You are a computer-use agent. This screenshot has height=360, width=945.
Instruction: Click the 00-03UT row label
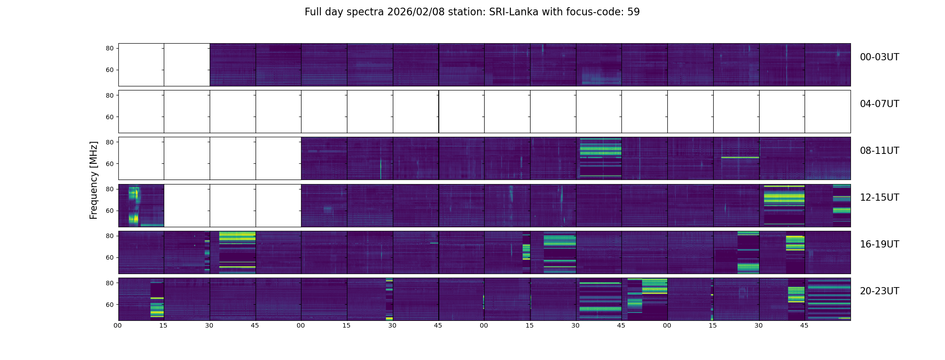(x=879, y=57)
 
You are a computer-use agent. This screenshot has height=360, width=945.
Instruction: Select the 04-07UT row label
(x=879, y=104)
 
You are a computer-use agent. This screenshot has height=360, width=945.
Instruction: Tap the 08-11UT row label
(x=879, y=151)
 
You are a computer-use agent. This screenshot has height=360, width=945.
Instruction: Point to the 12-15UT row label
(x=879, y=198)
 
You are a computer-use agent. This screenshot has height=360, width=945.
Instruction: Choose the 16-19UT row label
(x=879, y=244)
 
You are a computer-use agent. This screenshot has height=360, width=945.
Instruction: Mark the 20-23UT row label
(x=879, y=291)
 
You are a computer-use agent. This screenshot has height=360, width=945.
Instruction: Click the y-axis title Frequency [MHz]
(x=94, y=180)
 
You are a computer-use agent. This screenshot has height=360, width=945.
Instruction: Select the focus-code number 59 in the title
(x=633, y=12)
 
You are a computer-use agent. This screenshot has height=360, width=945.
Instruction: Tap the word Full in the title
(x=314, y=12)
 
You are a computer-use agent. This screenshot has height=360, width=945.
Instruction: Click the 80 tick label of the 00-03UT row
(x=109, y=49)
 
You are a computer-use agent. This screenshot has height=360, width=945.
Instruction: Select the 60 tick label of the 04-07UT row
(x=109, y=117)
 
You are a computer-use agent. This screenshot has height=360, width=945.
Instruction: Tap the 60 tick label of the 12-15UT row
(x=109, y=211)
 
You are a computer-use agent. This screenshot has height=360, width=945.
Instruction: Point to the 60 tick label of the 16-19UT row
(x=109, y=258)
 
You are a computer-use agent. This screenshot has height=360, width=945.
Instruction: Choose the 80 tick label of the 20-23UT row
(x=109, y=283)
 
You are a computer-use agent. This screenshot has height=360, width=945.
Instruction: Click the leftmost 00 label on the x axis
(x=118, y=325)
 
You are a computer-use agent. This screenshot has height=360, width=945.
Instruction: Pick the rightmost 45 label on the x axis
(x=804, y=325)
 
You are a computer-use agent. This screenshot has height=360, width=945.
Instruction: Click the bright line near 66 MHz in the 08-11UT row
(x=740, y=157)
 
